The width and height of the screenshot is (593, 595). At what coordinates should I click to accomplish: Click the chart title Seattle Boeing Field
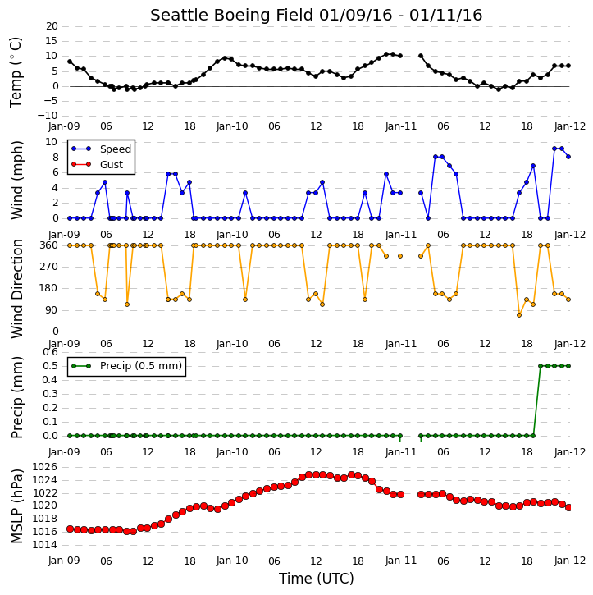pyautogui.click(x=231, y=16)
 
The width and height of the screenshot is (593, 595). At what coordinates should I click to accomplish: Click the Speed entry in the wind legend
pyautogui.click(x=116, y=149)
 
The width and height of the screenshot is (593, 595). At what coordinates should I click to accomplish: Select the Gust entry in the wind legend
pyautogui.click(x=112, y=165)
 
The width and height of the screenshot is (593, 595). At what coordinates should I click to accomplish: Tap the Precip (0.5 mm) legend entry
pyautogui.click(x=141, y=366)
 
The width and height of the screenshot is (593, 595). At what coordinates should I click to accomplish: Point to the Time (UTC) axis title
pyautogui.click(x=317, y=579)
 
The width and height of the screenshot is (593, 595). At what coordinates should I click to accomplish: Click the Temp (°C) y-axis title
pyautogui.click(x=16, y=72)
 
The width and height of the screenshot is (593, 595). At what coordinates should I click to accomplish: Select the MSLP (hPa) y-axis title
pyautogui.click(x=16, y=506)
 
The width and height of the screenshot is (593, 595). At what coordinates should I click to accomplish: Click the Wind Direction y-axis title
pyautogui.click(x=16, y=289)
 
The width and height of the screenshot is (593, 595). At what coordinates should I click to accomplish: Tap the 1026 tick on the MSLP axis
pyautogui.click(x=45, y=467)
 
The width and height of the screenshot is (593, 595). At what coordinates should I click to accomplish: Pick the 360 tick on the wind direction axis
pyautogui.click(x=48, y=245)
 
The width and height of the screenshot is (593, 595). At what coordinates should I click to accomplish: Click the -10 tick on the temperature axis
pyautogui.click(x=48, y=116)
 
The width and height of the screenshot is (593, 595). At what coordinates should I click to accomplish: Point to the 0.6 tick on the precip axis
pyautogui.click(x=50, y=352)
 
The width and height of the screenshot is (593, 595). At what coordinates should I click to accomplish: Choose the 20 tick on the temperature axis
pyautogui.click(x=52, y=26)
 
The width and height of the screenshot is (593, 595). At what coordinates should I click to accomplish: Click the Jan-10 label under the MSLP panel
pyautogui.click(x=232, y=561)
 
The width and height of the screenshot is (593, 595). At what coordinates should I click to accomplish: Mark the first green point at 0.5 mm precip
pyautogui.click(x=541, y=366)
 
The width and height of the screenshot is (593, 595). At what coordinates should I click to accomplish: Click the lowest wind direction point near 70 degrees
pyautogui.click(x=519, y=315)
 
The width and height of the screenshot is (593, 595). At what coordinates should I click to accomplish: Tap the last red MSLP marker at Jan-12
pyautogui.click(x=568, y=507)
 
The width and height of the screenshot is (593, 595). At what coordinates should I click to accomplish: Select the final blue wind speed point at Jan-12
pyautogui.click(x=568, y=157)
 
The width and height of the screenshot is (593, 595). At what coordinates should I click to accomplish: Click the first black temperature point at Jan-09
pyautogui.click(x=70, y=62)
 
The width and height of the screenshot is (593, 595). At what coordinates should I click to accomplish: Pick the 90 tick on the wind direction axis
pyautogui.click(x=52, y=310)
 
